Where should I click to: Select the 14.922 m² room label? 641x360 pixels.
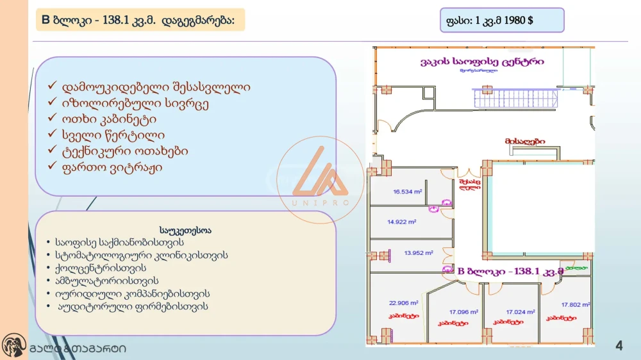pos(402,222)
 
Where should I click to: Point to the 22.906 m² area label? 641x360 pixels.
pos(403,303)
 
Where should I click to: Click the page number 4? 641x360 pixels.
pos(619,347)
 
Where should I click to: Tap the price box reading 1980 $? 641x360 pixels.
pos(502,20)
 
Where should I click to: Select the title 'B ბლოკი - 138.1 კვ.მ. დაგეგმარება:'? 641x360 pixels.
pos(138,20)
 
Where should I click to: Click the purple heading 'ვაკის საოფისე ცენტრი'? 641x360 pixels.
pos(482,62)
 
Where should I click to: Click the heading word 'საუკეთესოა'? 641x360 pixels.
pos(185,229)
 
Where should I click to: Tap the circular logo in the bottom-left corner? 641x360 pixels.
pos(13,347)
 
